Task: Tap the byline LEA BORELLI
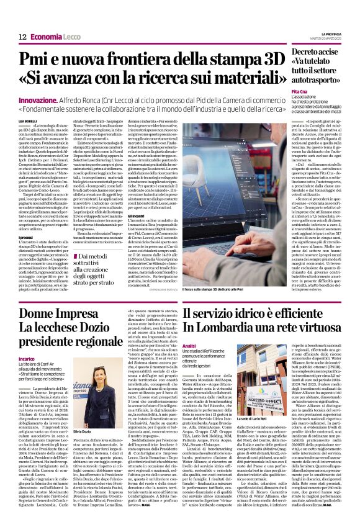point(28,119)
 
